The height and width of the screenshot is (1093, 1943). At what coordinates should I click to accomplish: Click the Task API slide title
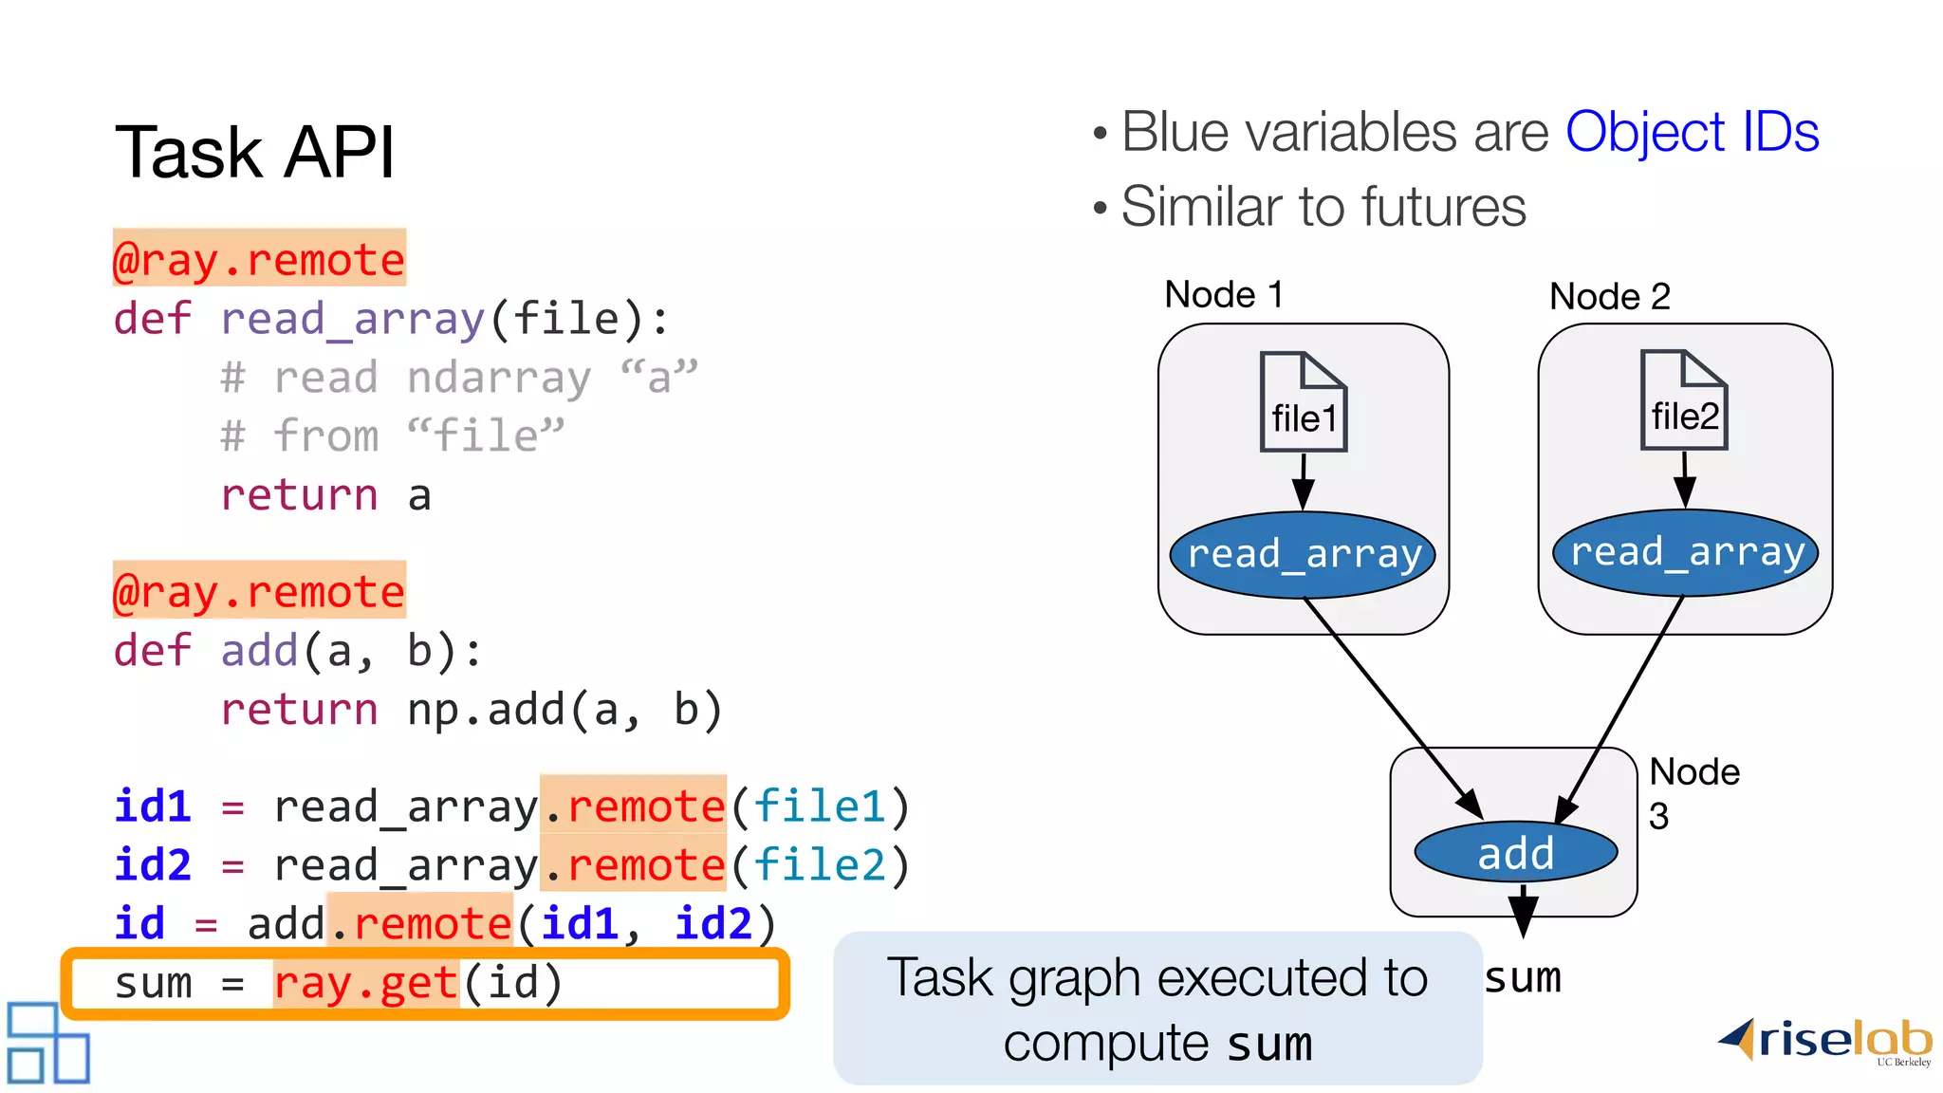tap(254, 152)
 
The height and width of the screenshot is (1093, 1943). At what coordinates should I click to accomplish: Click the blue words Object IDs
tap(1691, 132)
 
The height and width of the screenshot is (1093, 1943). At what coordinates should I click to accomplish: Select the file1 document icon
tap(1303, 402)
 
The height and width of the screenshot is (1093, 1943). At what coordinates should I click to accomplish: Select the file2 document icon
tap(1684, 400)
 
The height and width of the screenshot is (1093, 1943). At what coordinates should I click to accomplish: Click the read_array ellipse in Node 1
tap(1303, 554)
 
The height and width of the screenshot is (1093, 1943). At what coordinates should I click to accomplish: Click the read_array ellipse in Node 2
tap(1685, 552)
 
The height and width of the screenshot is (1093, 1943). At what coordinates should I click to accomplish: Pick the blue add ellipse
tap(1515, 852)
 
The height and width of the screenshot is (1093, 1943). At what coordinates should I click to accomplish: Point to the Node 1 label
tap(1223, 295)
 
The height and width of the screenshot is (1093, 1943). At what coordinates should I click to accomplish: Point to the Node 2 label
tap(1609, 297)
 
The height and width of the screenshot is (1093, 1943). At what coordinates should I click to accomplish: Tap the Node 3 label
tap(1692, 792)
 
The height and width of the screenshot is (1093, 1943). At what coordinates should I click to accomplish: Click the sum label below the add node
tap(1522, 978)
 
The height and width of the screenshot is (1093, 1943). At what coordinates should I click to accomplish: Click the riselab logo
tap(1825, 1041)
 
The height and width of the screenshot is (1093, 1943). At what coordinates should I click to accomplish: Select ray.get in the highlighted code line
tap(366, 983)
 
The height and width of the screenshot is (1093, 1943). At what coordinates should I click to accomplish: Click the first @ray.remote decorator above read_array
tap(259, 259)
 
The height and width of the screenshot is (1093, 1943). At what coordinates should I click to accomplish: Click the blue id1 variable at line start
tap(152, 806)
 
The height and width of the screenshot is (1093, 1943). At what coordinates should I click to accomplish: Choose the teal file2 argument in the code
tap(820, 865)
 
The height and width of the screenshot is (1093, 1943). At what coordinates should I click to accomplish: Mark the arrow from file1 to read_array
tap(1303, 482)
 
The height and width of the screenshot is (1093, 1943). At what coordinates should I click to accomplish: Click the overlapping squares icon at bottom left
tap(47, 1043)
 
